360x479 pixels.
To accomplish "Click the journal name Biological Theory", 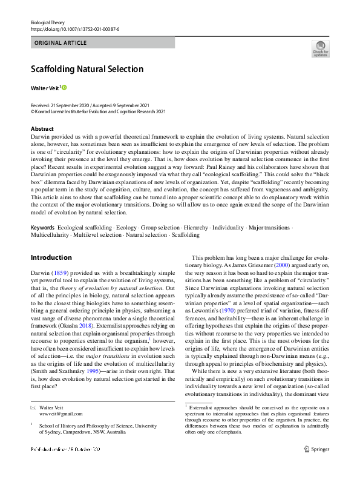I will [x=48, y=22].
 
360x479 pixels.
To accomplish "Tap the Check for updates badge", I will [x=320, y=49].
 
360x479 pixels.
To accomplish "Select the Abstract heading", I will [x=42, y=129].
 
